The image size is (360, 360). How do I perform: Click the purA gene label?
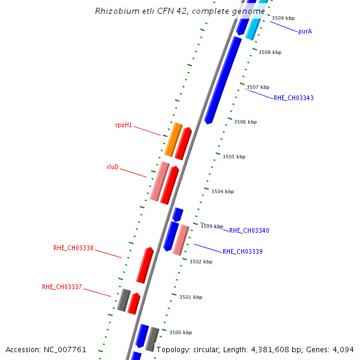click(305, 31)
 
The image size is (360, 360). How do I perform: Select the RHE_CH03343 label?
click(293, 98)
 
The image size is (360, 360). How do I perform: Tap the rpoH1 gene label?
click(124, 125)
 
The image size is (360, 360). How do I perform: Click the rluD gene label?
click(112, 167)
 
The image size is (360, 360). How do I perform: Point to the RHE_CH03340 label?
click(249, 230)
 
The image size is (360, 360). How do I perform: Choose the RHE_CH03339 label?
click(242, 251)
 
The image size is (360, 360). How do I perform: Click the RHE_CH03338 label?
click(73, 248)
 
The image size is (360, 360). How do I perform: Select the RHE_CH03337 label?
click(62, 287)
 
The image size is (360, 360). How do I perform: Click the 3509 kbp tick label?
click(283, 19)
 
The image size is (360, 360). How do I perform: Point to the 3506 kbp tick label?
click(245, 122)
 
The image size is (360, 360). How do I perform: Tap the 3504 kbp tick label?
click(223, 191)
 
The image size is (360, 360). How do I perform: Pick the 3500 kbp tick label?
click(181, 332)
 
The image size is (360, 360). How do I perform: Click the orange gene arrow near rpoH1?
click(173, 140)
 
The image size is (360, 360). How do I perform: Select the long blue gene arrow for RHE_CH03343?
click(223, 80)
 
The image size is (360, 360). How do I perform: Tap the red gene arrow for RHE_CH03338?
click(145, 265)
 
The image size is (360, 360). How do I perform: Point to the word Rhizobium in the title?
click(115, 11)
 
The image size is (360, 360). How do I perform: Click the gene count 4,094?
click(344, 349)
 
